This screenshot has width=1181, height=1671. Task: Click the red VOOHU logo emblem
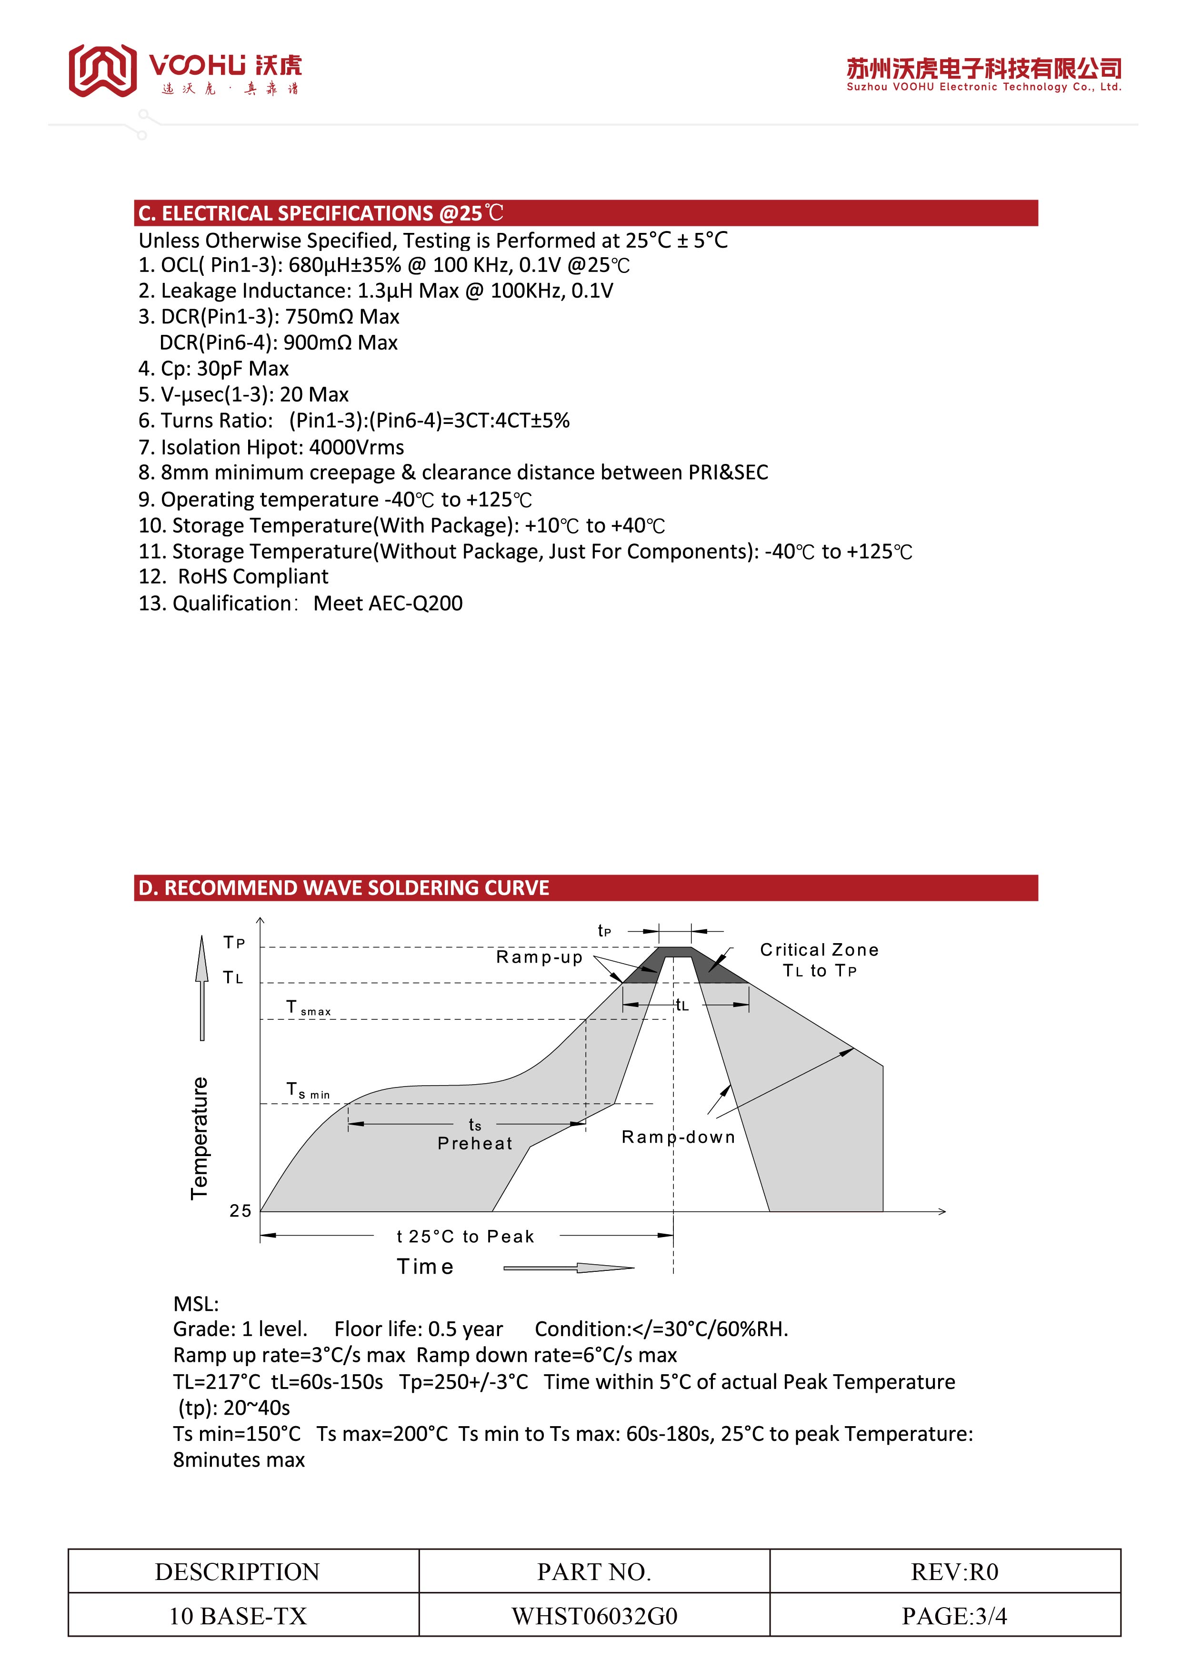point(102,70)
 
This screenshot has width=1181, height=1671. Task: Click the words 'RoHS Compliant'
point(253,576)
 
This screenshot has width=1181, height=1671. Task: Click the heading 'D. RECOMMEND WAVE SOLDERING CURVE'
point(343,888)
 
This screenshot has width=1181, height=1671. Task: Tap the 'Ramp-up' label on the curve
point(539,957)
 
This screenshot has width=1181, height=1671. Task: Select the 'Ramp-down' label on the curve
point(678,1137)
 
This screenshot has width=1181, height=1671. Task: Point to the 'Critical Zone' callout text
point(820,950)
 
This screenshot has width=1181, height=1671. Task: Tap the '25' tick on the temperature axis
point(240,1211)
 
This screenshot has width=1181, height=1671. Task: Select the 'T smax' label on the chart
point(309,1008)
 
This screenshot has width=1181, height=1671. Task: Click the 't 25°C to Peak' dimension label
point(466,1237)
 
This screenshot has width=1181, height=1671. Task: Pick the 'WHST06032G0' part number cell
point(594,1616)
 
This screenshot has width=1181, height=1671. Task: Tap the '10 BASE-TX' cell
point(238,1616)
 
